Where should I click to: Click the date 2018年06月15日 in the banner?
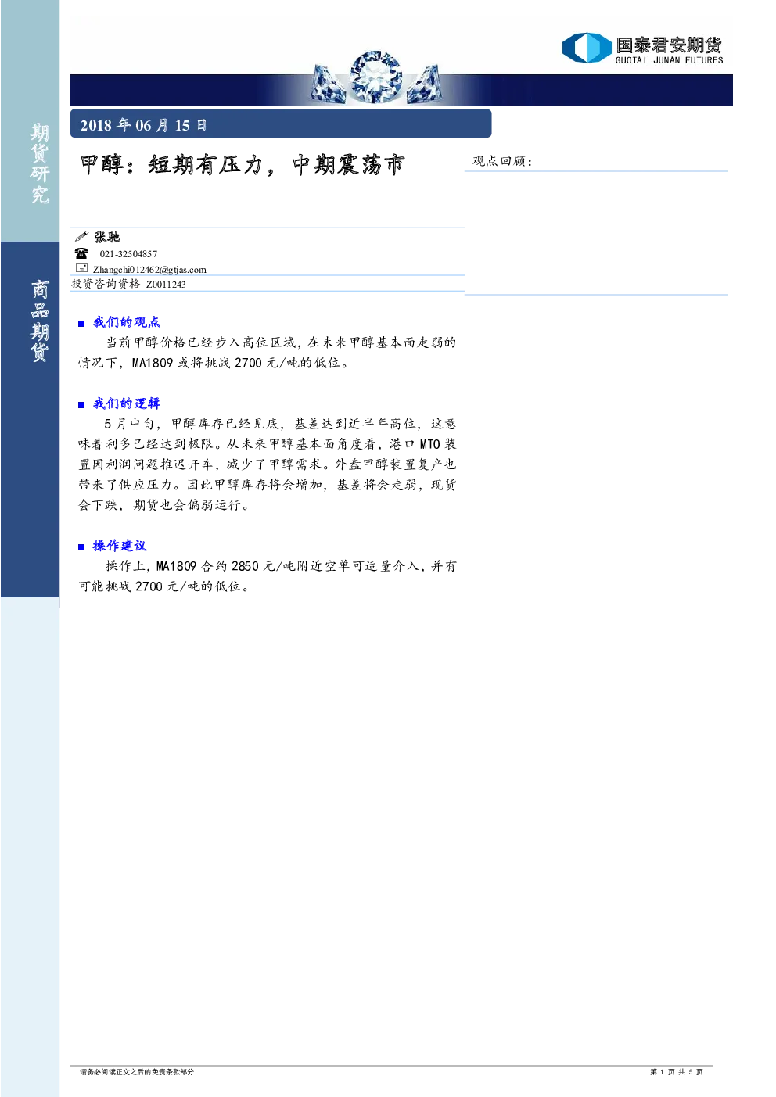(143, 125)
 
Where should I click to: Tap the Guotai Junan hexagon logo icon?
(587, 48)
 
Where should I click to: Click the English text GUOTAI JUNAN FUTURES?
(669, 60)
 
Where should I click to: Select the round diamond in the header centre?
(375, 77)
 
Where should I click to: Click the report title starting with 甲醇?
(242, 164)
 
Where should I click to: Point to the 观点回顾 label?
(501, 161)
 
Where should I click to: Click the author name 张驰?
(107, 237)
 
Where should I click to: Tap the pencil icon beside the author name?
(81, 237)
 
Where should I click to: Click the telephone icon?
(81, 253)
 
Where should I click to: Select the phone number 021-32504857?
(128, 253)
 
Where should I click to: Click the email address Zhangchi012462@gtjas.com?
(149, 269)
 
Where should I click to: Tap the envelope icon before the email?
(81, 268)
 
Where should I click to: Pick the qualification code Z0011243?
(166, 285)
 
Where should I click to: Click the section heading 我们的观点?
(127, 322)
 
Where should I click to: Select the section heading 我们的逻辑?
(127, 403)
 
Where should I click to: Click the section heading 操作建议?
(120, 546)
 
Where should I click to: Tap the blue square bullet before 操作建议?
(81, 547)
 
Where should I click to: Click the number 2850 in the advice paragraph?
(245, 566)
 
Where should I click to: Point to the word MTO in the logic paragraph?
(429, 444)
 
